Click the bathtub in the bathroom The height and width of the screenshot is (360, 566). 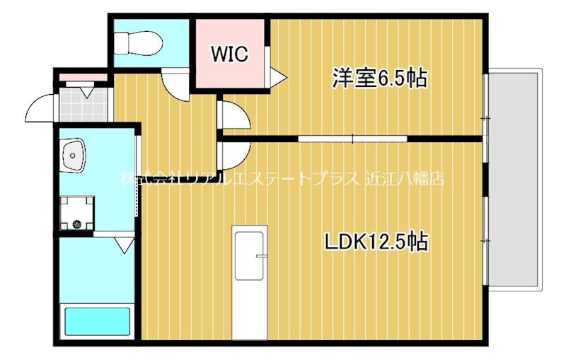click(98, 321)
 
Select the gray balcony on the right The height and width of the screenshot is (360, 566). click(515, 177)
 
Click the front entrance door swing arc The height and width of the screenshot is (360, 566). click(40, 110)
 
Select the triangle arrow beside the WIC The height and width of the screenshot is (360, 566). click(277, 75)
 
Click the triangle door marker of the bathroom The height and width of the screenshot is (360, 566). click(125, 245)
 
